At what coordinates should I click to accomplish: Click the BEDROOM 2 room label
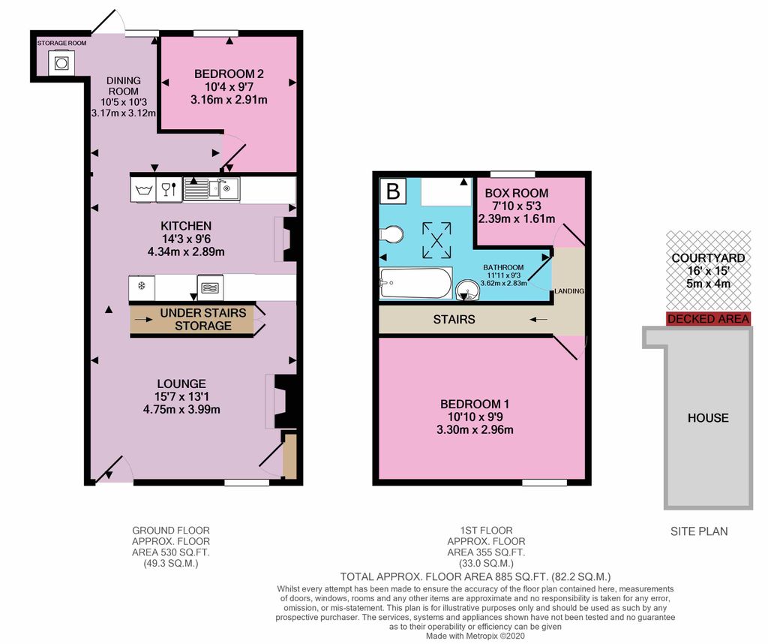click(229, 74)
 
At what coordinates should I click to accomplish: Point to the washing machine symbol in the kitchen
click(142, 188)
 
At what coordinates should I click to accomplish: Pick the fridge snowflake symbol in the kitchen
click(141, 287)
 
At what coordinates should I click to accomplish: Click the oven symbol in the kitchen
click(209, 287)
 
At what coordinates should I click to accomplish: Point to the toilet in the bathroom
click(391, 236)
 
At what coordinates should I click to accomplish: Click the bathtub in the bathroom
click(415, 284)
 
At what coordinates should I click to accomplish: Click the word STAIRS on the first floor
click(454, 319)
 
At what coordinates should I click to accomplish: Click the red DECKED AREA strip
click(708, 319)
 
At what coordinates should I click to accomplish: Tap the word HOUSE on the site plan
click(708, 417)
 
